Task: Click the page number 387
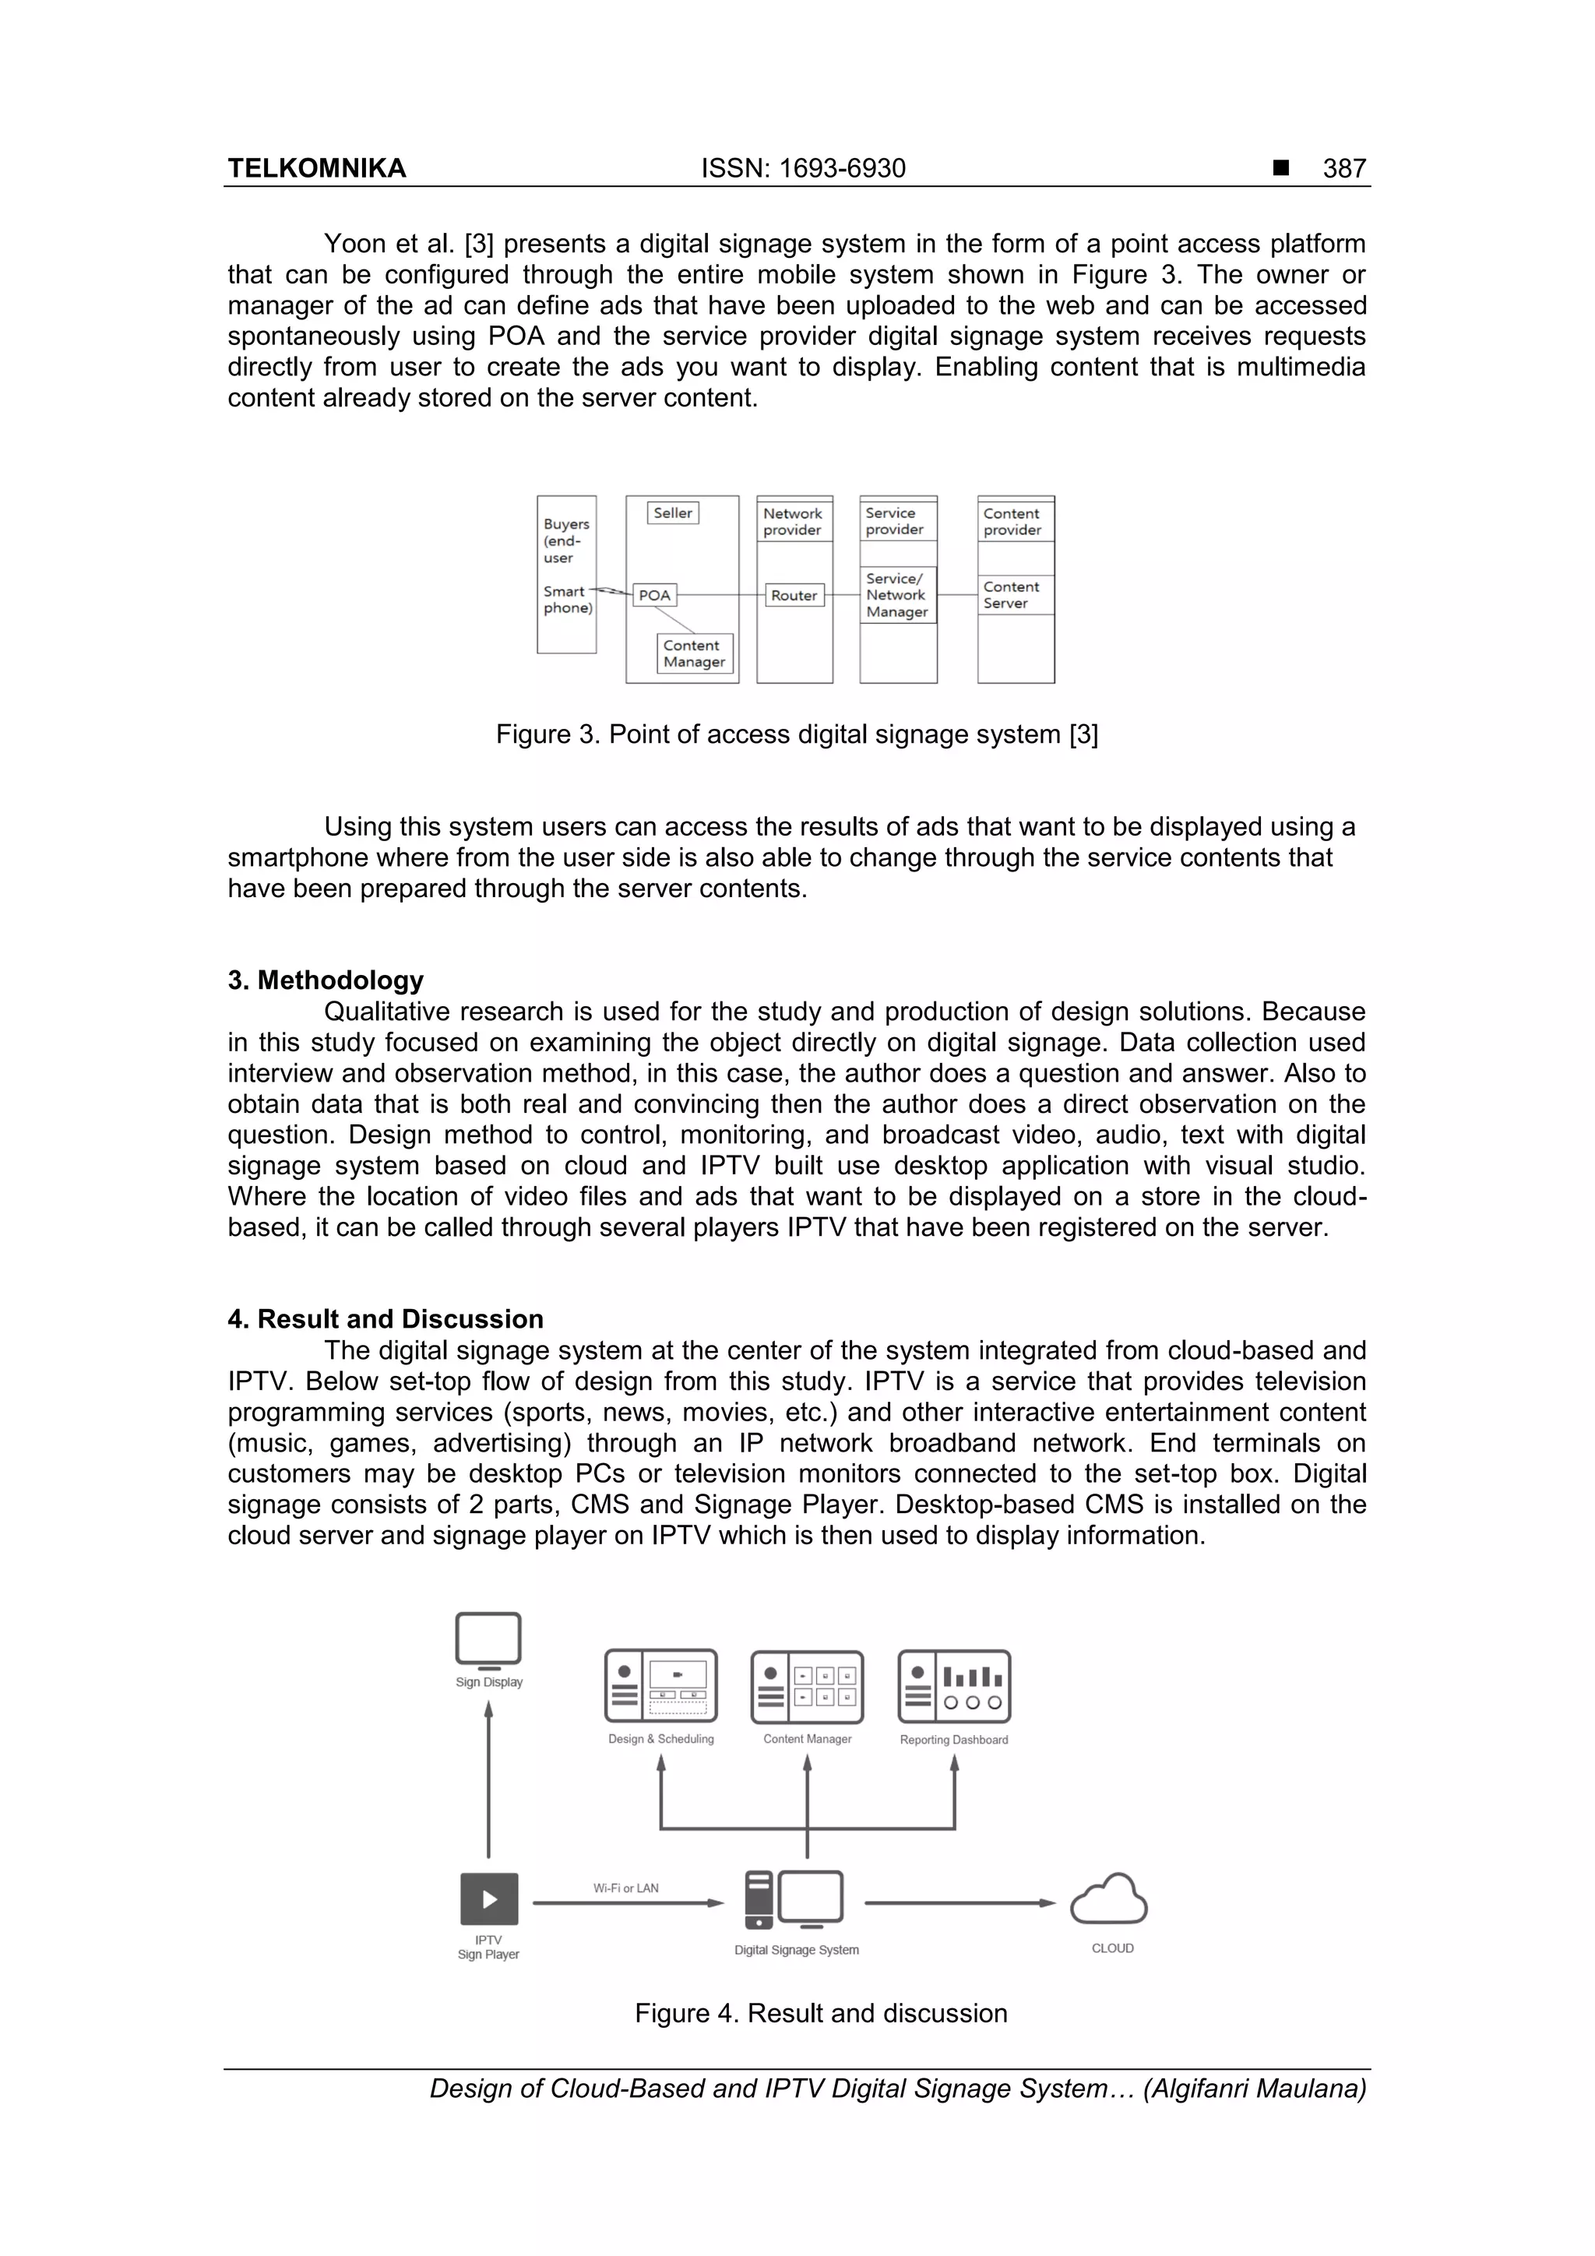coord(1343,169)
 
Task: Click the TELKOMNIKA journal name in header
coord(316,169)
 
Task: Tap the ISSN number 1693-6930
coord(803,169)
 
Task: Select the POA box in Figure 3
coord(653,596)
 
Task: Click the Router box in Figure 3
coord(794,596)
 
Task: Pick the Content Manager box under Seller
coord(695,653)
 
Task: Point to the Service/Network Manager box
coord(897,596)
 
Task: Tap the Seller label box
coord(673,513)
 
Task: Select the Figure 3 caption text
coord(797,735)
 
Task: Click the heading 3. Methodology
coord(326,980)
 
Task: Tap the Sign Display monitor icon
coord(488,1640)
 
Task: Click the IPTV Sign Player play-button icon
coord(488,1899)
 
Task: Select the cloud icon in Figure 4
coord(1110,1899)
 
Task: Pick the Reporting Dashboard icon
coord(953,1687)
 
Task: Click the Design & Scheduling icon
coord(660,1687)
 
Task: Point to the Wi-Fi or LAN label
coord(626,1888)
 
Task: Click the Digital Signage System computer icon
coord(794,1900)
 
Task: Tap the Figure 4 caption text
coord(821,2013)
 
